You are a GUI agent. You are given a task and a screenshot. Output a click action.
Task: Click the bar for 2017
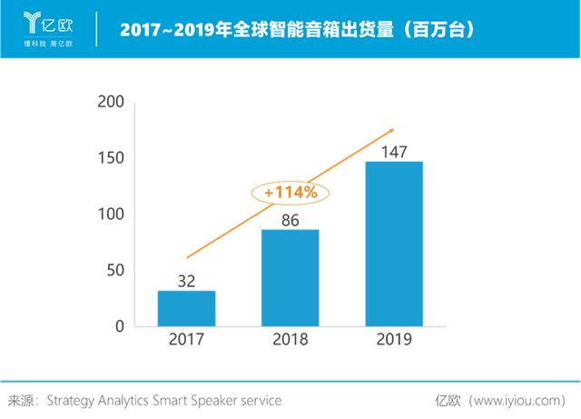[186, 308]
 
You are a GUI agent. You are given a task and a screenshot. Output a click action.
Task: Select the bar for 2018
[290, 277]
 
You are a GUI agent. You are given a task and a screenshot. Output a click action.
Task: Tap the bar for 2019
[393, 244]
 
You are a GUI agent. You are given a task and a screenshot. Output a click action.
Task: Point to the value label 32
[186, 280]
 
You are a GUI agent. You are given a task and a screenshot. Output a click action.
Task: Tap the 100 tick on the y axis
[109, 214]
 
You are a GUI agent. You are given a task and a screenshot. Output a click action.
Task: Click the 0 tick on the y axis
[118, 326]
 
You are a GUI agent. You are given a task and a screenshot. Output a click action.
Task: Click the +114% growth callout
[290, 192]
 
